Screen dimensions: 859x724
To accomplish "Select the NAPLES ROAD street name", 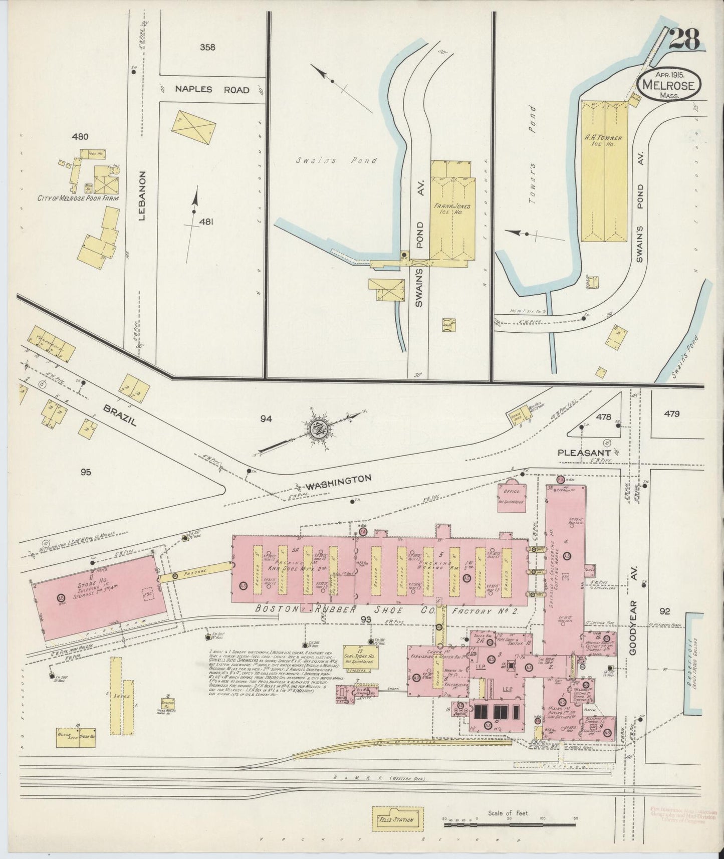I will [212, 90].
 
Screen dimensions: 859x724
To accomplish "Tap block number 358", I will [207, 48].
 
